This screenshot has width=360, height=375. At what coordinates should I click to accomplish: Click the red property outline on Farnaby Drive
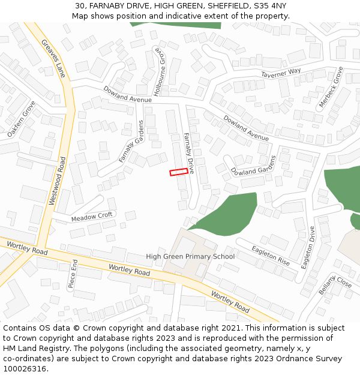(178, 172)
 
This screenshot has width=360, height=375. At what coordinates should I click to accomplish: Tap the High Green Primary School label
(190, 257)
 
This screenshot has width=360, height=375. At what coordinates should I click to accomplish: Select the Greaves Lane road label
(53, 58)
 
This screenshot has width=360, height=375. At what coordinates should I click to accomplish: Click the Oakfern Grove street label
(22, 119)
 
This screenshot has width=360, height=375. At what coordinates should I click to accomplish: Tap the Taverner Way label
(281, 73)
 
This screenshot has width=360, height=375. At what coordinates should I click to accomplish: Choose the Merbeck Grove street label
(331, 88)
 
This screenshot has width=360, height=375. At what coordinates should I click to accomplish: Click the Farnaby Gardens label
(131, 140)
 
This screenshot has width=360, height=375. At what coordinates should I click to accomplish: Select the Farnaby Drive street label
(189, 153)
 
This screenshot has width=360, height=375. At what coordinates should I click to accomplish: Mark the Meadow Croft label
(92, 217)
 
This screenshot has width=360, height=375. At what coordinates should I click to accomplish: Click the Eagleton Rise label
(271, 256)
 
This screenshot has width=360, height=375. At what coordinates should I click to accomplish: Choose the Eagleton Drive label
(308, 247)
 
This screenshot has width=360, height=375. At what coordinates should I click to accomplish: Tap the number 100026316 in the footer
(26, 369)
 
